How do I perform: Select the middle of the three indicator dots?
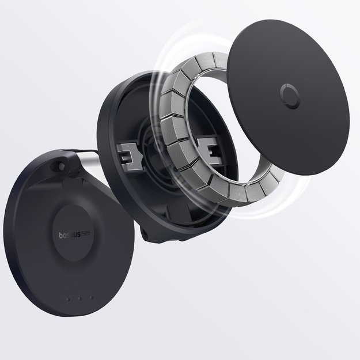click(x=80, y=298)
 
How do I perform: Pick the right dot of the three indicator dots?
click(x=91, y=298)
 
